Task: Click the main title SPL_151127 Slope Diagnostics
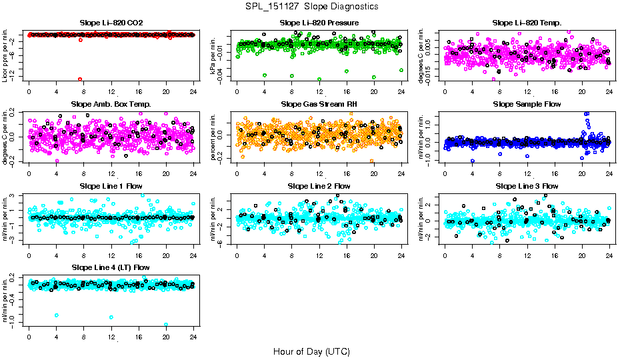311,6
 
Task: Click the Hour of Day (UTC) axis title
311,351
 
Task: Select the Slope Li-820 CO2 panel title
111,23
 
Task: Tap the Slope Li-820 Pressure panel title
319,23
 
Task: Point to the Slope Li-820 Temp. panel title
527,23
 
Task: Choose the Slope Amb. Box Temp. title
111,104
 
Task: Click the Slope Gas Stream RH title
319,104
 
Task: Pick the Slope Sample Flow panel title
527,104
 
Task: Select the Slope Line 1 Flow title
111,186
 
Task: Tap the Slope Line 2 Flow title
319,186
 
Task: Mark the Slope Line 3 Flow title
527,186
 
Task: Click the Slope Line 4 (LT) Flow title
111,267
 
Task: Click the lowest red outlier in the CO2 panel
80,79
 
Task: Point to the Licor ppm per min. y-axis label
5,55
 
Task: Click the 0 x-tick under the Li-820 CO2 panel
29,91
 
